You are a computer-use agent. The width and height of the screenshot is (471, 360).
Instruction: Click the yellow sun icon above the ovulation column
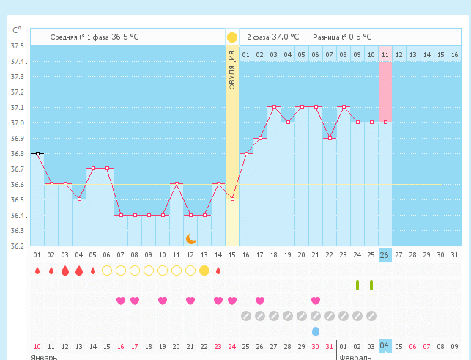231,37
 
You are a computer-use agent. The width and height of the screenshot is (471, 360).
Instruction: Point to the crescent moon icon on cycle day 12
190,238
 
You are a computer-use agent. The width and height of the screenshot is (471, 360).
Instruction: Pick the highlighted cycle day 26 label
385,255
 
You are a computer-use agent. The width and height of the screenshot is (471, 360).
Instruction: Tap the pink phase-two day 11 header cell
385,54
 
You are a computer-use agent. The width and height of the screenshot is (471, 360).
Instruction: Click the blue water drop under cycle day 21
316,331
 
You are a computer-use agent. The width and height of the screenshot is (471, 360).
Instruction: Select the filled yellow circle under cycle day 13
204,271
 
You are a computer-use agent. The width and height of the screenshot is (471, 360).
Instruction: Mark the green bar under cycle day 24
357,285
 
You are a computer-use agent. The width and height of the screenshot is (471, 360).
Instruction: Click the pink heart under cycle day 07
121,301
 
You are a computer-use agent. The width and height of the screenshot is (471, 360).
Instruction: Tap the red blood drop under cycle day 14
218,271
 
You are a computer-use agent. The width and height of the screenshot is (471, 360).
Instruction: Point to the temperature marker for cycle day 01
37,153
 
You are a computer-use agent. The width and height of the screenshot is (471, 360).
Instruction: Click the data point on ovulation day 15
231,199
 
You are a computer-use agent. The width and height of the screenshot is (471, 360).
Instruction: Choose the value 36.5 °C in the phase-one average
125,37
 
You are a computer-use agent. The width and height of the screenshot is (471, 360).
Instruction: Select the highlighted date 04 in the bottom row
385,346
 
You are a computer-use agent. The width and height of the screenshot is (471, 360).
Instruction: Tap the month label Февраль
356,357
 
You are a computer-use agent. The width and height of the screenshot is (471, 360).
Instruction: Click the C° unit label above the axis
17,30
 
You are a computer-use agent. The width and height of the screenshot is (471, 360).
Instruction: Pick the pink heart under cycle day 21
316,301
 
